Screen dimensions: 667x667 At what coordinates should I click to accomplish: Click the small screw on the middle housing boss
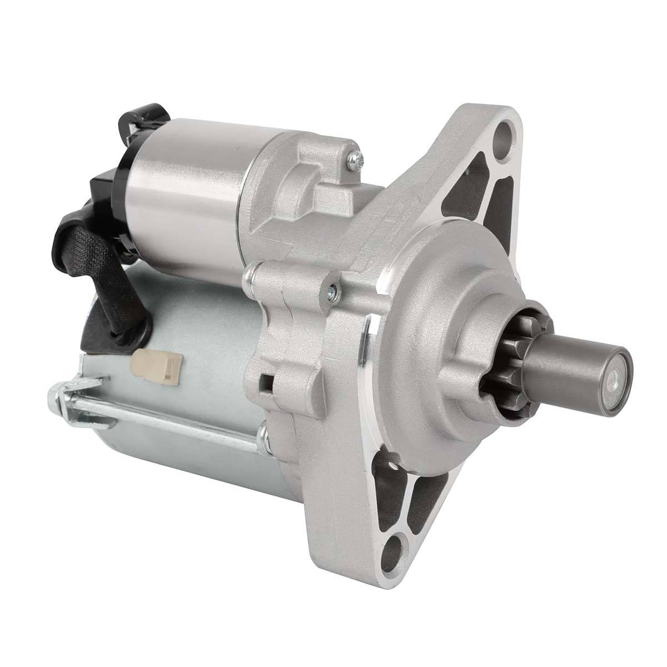pos(332,289)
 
